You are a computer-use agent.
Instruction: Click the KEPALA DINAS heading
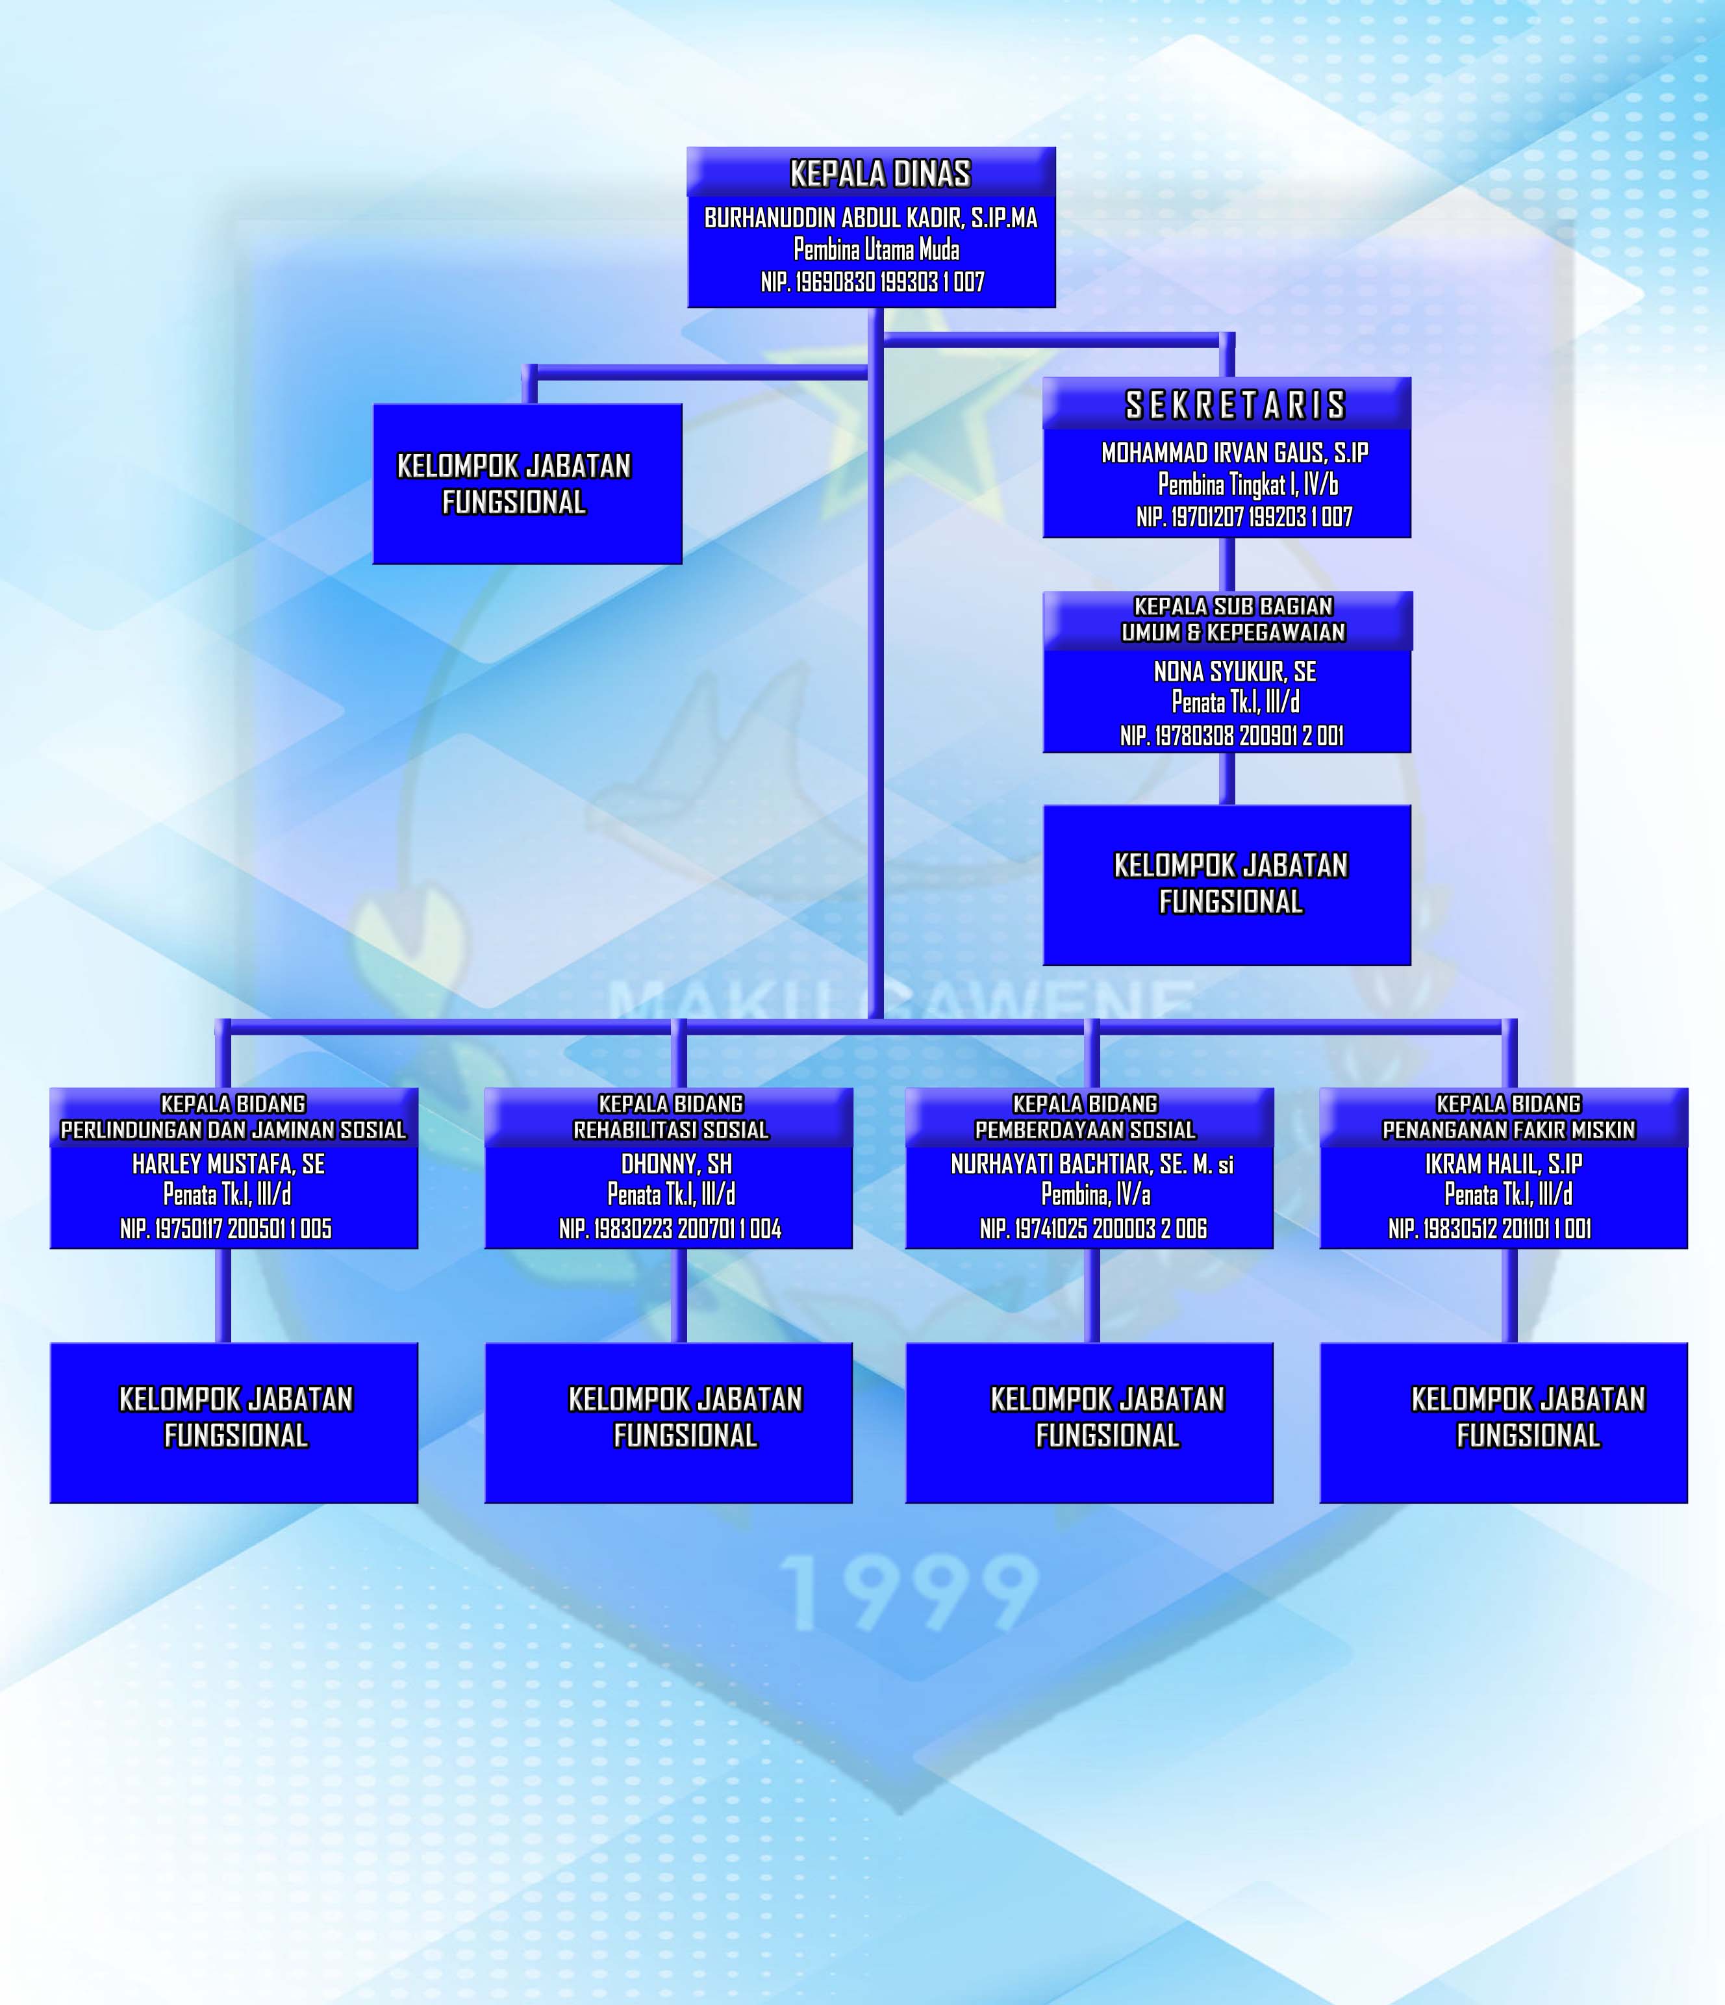coord(879,174)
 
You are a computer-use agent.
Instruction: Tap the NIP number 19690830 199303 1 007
coord(872,283)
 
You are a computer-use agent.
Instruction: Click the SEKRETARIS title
coord(1235,405)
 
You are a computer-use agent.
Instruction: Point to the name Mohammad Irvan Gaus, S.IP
coord(1235,453)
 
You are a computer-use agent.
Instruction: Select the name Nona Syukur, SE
coord(1235,672)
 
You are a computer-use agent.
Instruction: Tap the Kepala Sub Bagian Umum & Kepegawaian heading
coord(1233,620)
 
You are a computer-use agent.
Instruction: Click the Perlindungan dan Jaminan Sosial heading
coord(233,1129)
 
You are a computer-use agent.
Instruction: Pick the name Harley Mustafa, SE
coord(229,1164)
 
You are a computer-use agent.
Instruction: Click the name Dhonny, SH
coord(676,1164)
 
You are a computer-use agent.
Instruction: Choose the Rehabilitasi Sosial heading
coord(670,1129)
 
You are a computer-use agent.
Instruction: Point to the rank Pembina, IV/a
coord(1095,1195)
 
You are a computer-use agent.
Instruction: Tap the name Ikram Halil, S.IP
coord(1504,1164)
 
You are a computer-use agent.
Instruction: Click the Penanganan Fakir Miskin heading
coord(1508,1129)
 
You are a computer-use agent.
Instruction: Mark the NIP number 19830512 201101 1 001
coord(1490,1229)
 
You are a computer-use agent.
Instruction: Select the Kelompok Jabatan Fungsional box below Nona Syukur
coord(1227,885)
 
